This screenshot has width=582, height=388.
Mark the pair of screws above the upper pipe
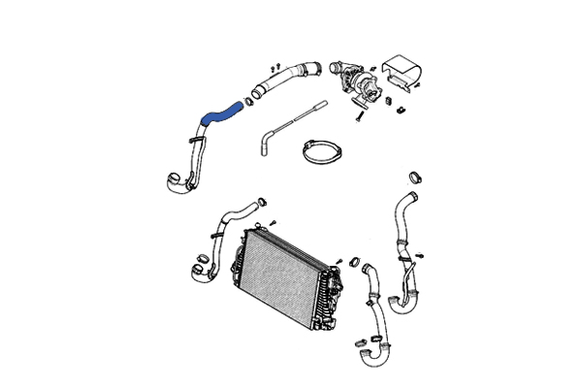275,65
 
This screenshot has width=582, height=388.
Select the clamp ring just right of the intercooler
354,261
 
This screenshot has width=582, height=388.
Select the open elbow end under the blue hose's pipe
173,179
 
